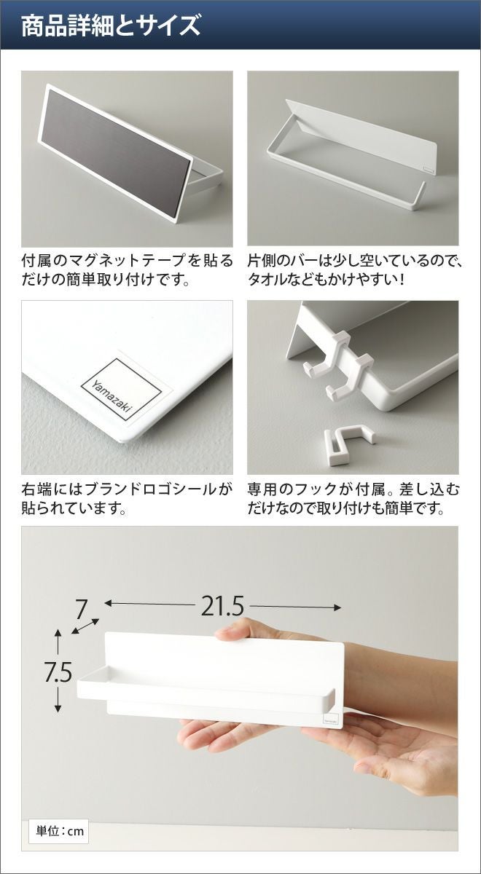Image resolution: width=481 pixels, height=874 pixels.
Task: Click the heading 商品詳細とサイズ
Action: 111,25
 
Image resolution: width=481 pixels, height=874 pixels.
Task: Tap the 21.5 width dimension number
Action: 222,606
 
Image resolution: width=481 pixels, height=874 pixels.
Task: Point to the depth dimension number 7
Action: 81,609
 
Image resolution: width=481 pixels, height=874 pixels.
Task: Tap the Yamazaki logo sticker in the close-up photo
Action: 122,390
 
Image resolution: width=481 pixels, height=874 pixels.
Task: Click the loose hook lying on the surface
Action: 348,441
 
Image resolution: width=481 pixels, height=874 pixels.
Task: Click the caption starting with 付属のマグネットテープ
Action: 127,270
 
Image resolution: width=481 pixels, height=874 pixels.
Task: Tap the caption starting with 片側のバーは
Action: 354,270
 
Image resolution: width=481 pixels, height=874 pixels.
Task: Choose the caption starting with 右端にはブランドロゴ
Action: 127,499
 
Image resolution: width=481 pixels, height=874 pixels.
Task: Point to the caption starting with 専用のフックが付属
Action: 353,499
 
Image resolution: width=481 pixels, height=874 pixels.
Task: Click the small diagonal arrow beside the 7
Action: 85,626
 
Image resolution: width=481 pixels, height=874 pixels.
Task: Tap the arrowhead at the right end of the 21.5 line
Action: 337,607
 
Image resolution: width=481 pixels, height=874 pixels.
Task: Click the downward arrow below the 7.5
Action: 58,699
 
